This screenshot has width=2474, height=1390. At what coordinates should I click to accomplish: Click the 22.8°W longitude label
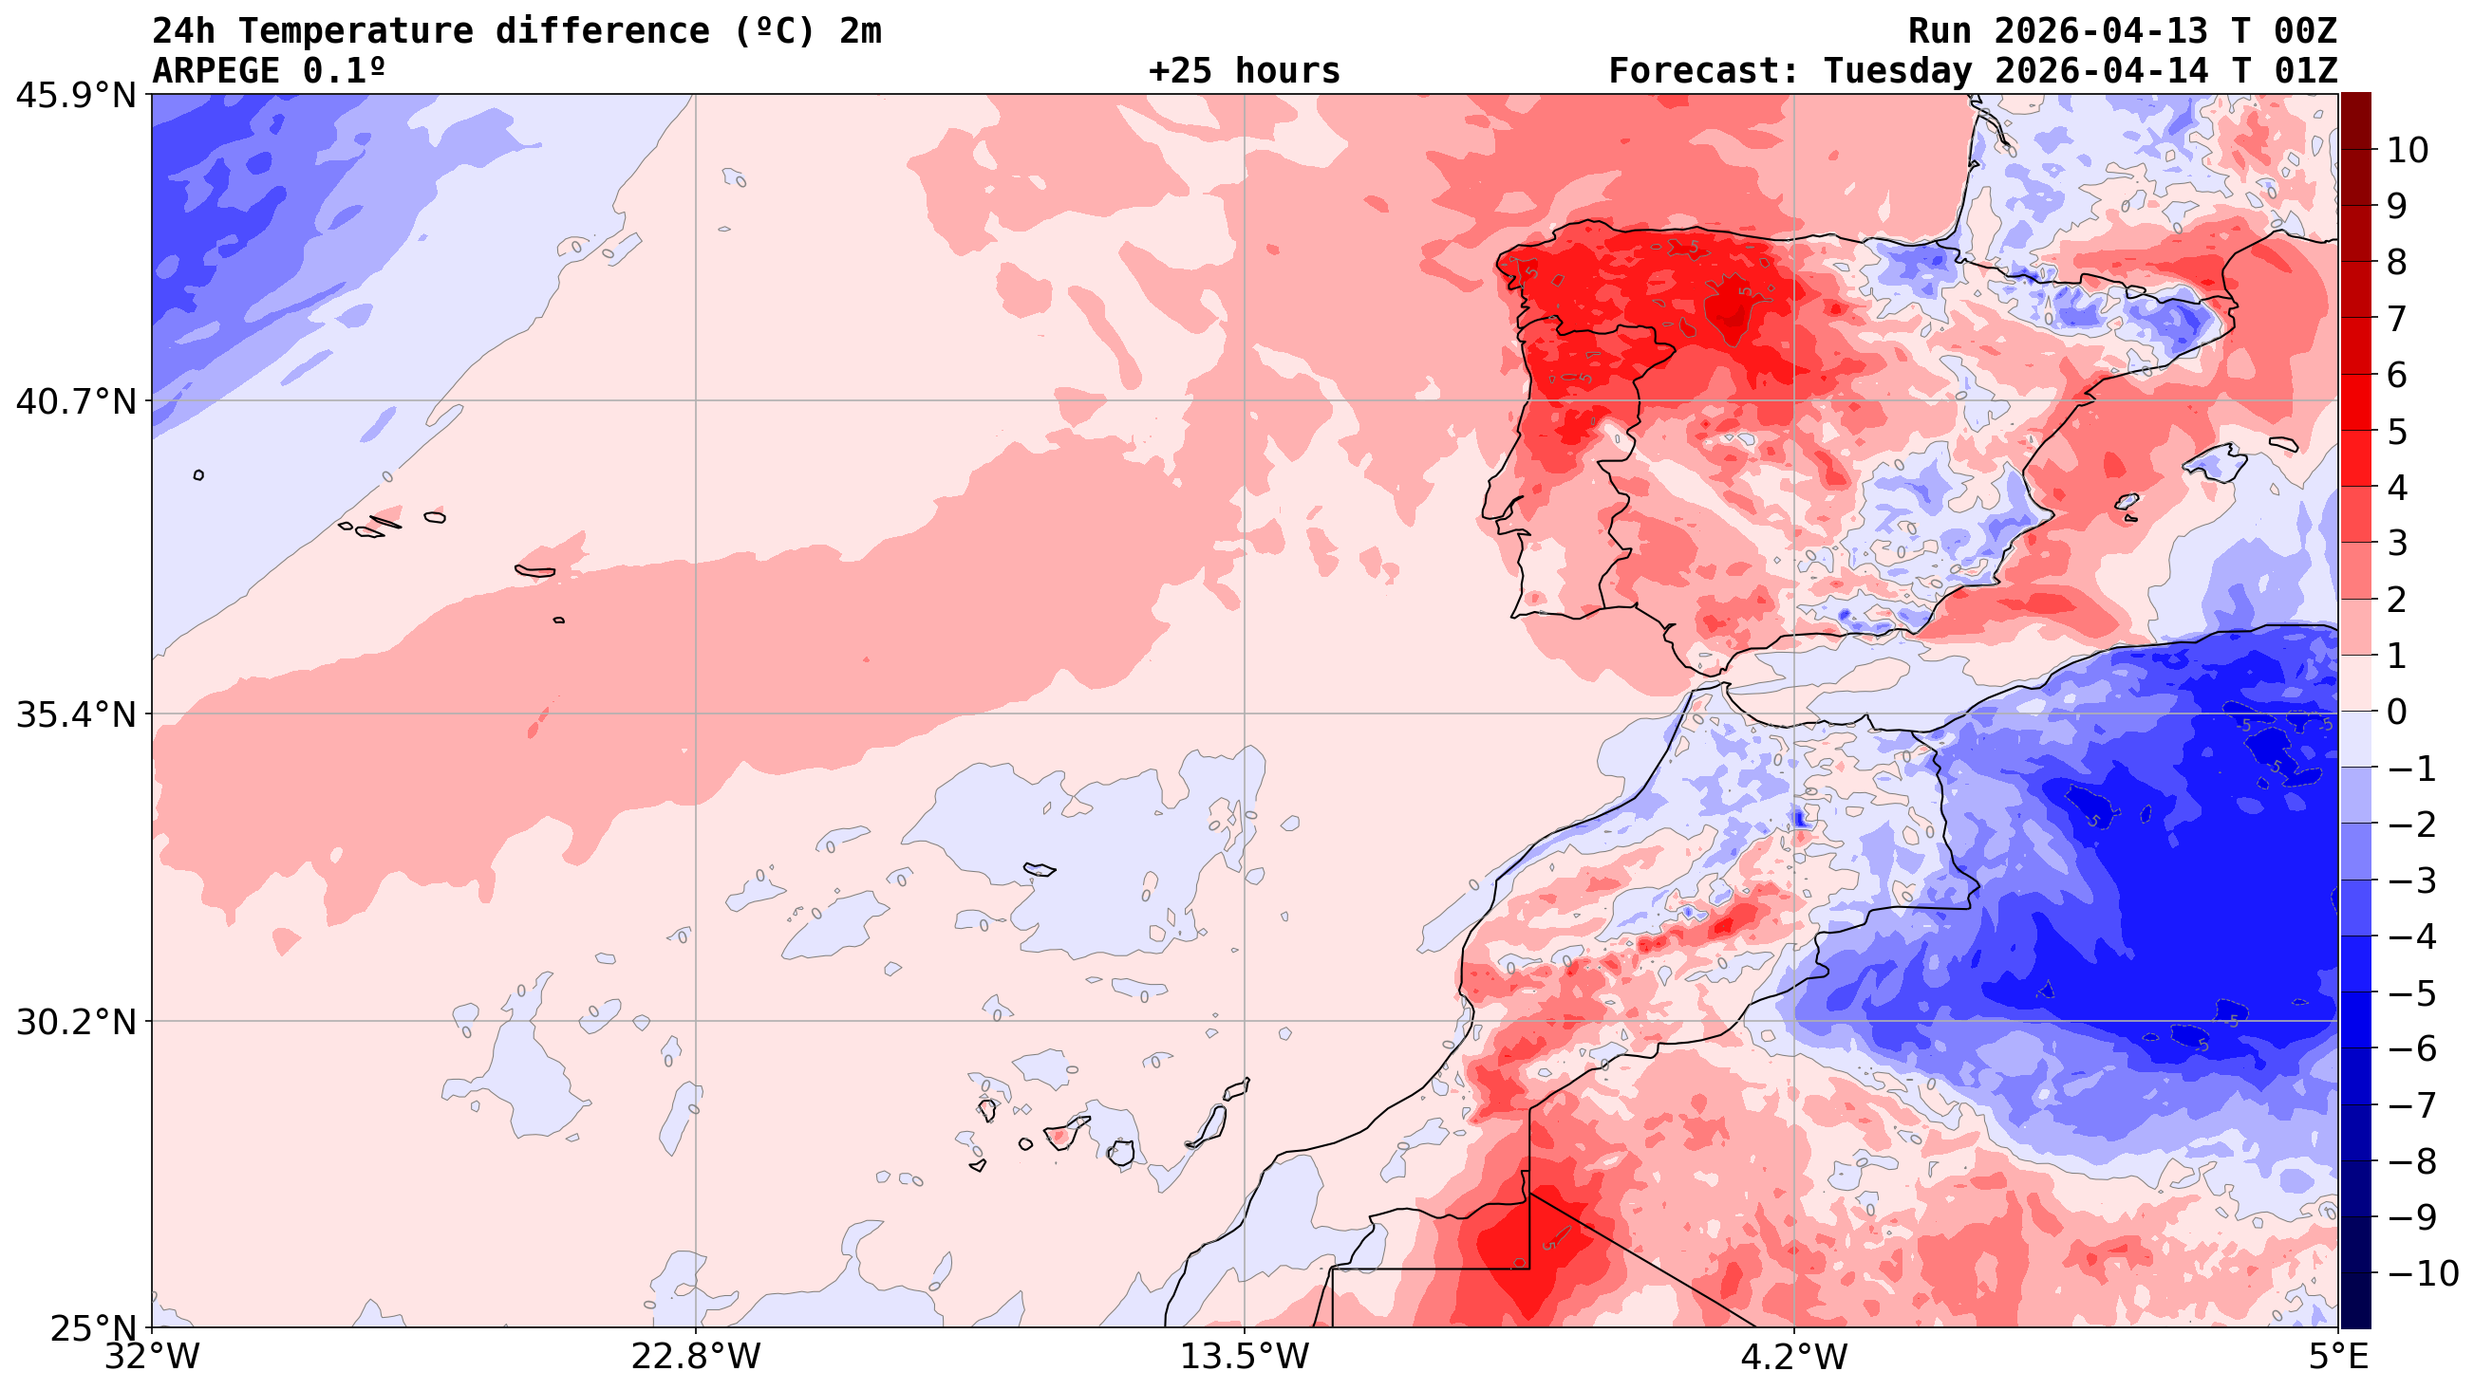point(695,1357)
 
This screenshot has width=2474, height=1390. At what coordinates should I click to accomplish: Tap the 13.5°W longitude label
point(1245,1357)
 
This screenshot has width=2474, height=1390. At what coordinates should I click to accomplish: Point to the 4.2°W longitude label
point(1794,1357)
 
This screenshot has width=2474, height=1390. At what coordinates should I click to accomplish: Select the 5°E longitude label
point(2337,1357)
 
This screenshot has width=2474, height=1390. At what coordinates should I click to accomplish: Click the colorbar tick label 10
point(2407,151)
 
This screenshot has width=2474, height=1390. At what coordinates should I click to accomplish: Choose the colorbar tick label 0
point(2396,713)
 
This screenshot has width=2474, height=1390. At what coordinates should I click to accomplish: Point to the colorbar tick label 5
point(2396,432)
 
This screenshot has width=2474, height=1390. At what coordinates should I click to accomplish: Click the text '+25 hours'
point(1244,71)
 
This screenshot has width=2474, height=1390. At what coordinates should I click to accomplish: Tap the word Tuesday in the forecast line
point(1897,71)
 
